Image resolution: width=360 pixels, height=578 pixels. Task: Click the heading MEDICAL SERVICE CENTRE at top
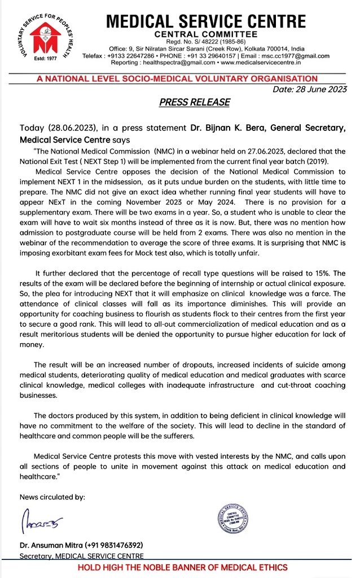point(206,22)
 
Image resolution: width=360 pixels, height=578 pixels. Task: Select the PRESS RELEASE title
point(194,102)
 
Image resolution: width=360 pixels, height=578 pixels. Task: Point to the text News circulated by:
point(52,497)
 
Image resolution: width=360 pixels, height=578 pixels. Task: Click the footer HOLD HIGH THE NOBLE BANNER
point(182,567)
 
